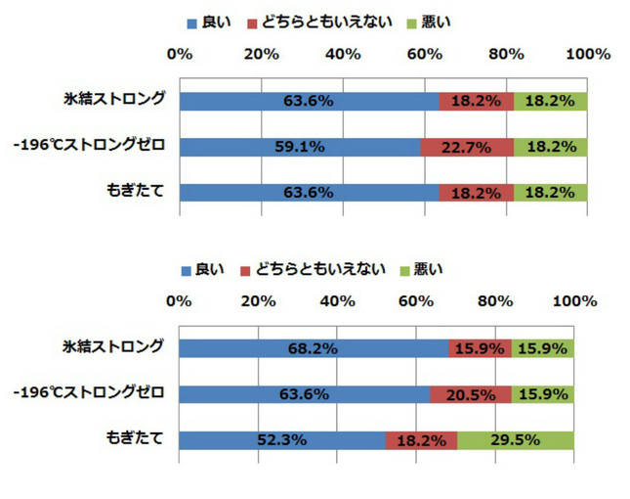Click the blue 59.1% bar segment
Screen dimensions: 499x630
[300, 147]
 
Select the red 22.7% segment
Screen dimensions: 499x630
[466, 147]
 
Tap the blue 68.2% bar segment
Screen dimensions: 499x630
[314, 348]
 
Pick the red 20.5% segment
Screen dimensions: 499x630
[470, 394]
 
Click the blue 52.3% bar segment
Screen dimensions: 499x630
[282, 439]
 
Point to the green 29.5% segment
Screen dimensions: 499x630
[515, 439]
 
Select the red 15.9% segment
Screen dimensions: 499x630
[479, 348]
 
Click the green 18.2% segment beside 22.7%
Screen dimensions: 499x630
[550, 147]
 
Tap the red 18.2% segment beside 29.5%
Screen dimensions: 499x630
[421, 439]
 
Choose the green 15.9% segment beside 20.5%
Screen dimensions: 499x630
[542, 394]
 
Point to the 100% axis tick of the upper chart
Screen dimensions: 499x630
[587, 54]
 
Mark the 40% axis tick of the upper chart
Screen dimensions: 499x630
[343, 54]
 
